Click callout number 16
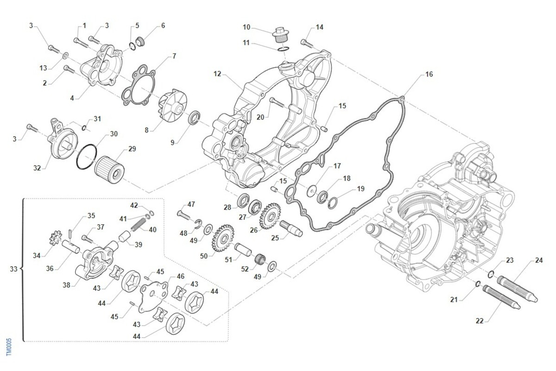coord(429,75)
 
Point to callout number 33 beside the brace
coord(13,269)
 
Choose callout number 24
coord(539,260)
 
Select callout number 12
coord(218,74)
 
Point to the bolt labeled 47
coord(183,215)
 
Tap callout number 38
coord(67,285)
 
